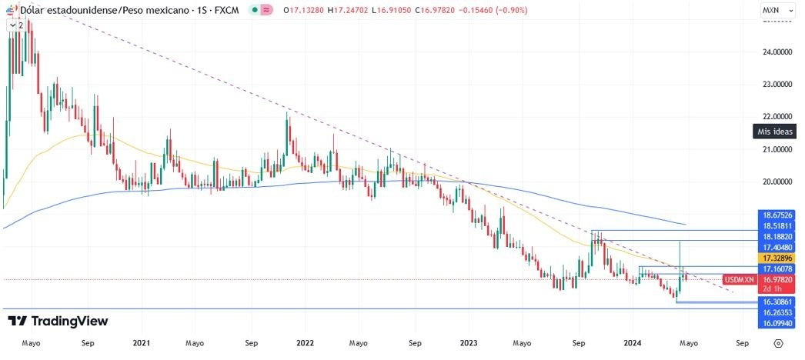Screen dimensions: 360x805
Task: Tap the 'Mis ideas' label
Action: (x=775, y=132)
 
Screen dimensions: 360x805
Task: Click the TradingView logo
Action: (x=58, y=321)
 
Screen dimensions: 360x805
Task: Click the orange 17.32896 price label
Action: (x=777, y=258)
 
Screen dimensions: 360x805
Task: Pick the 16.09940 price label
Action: (x=777, y=324)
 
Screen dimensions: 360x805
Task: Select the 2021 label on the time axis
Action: (x=141, y=343)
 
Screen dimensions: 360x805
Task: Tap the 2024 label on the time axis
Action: (x=633, y=343)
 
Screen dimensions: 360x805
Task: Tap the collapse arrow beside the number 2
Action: (x=13, y=25)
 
